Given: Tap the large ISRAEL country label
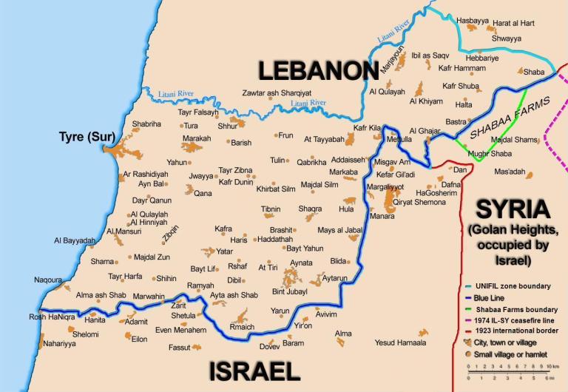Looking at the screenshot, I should pyautogui.click(x=254, y=371).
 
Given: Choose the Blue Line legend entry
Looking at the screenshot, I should pyautogui.click(x=498, y=298).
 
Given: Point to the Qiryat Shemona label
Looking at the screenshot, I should pyautogui.click(x=419, y=202).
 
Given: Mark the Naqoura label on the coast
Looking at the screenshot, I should pyautogui.click(x=48, y=280).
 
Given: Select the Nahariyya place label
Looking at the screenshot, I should pyautogui.click(x=59, y=344).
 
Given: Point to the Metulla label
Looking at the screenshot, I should pyautogui.click(x=399, y=139).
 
